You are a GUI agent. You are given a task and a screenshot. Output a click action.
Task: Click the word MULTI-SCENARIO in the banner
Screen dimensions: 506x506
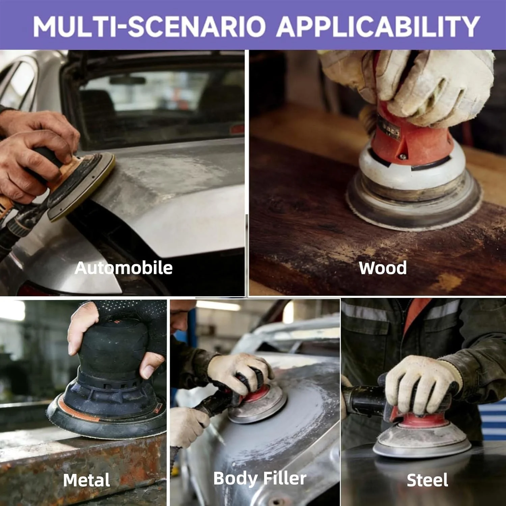149,26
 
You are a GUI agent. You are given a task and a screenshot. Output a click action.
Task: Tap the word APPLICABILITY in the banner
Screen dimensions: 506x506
378,26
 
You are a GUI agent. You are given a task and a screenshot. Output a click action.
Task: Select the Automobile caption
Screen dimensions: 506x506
123,268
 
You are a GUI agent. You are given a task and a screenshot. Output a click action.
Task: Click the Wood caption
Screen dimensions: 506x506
383,268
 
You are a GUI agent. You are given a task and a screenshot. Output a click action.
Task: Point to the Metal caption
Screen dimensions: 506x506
86,480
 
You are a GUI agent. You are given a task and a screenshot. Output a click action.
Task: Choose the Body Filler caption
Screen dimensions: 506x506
260,478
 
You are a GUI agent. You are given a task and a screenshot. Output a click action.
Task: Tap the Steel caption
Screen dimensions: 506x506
427,480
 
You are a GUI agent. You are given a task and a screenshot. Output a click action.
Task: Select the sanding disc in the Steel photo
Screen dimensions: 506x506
422,439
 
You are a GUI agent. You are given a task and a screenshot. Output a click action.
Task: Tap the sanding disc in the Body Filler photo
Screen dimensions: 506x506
258,405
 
